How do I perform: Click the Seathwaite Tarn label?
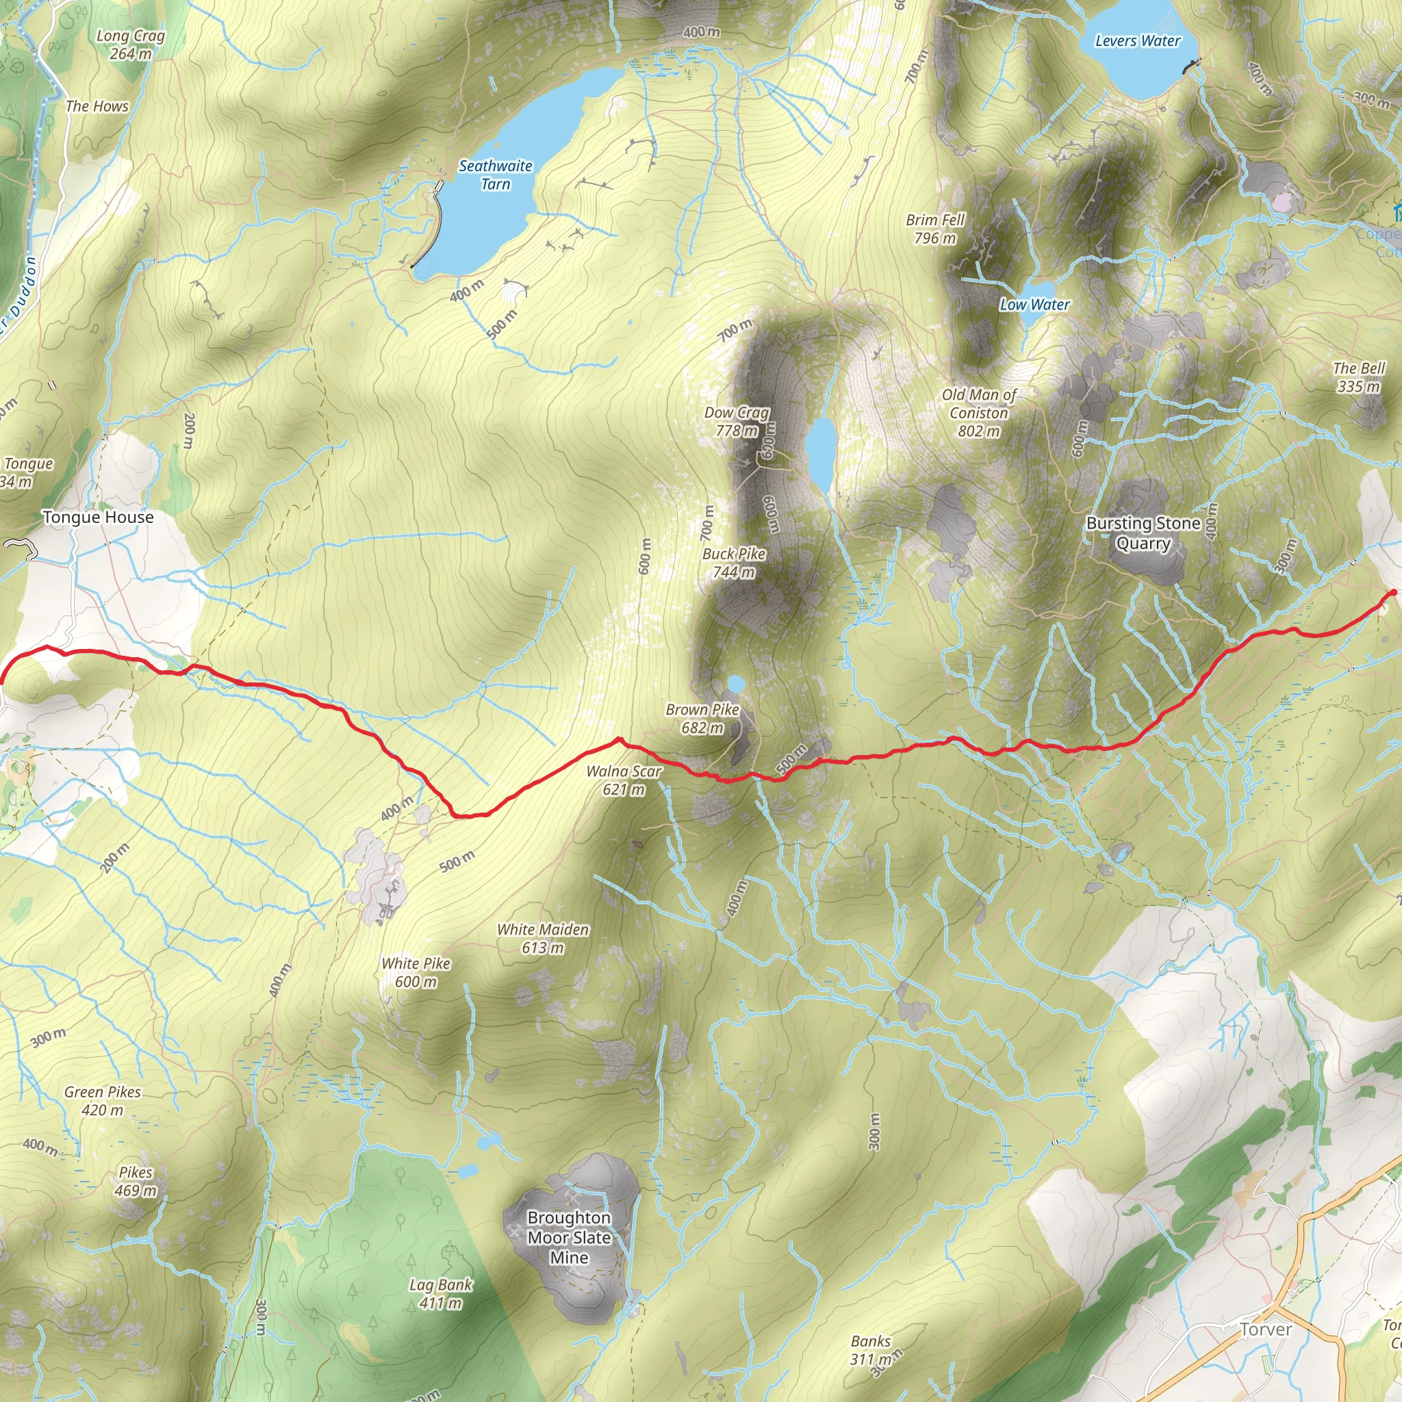tap(496, 175)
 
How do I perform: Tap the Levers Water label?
tap(1137, 41)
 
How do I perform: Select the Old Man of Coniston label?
tap(979, 413)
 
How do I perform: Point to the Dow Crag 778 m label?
tap(737, 422)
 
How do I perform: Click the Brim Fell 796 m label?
tap(934, 229)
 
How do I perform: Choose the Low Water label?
tap(1034, 305)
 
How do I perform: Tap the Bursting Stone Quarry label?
tap(1143, 533)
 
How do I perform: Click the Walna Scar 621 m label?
tap(624, 780)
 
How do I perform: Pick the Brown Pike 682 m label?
tap(702, 718)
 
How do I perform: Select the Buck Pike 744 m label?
tap(734, 563)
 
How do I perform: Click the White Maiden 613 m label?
tap(543, 939)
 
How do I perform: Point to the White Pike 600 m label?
tap(416, 972)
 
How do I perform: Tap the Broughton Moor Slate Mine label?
tap(569, 1237)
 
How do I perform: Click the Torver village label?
tap(1266, 1329)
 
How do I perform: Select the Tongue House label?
tap(98, 518)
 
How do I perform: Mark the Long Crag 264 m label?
tap(131, 44)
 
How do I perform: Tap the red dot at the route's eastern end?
tap(1392, 593)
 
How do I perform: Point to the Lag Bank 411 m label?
tap(440, 1294)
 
